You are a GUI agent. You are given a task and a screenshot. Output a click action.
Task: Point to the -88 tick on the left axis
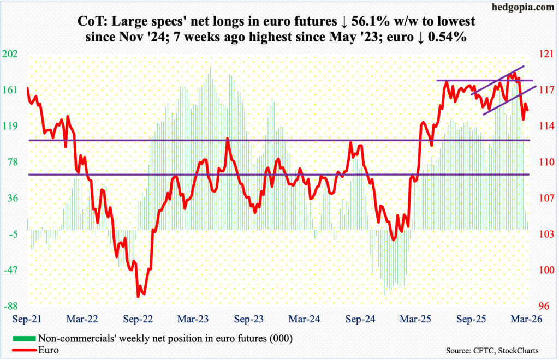(12, 306)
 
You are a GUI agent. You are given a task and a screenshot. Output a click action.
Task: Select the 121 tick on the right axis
(546, 54)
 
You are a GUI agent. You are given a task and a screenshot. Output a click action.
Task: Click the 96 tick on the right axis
(546, 306)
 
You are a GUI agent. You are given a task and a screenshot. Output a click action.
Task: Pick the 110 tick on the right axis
(546, 162)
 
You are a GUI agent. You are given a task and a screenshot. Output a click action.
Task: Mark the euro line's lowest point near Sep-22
(141, 297)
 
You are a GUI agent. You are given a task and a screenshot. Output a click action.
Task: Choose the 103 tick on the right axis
(546, 234)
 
